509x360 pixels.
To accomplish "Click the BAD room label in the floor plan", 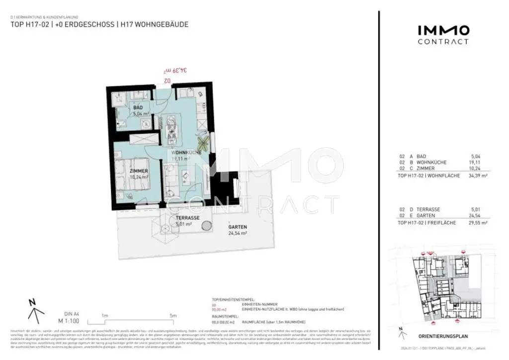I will (138, 107).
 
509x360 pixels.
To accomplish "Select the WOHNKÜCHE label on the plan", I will (186, 153).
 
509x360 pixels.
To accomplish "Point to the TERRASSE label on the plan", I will (187, 218).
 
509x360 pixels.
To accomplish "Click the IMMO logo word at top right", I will (442, 30).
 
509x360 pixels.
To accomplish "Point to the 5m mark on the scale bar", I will (173, 316).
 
